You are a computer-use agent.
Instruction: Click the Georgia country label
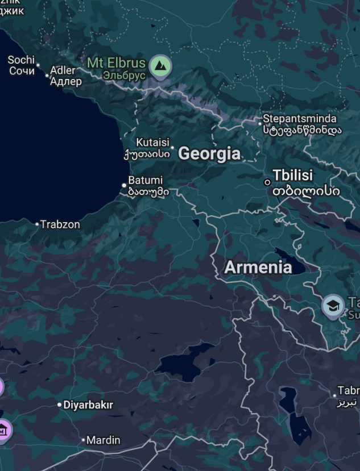click(x=209, y=153)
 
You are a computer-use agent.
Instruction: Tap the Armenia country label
click(x=258, y=267)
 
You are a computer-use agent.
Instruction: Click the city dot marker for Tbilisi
click(x=267, y=182)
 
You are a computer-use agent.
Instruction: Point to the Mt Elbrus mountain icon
click(x=160, y=66)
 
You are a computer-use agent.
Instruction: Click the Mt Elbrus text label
click(x=116, y=64)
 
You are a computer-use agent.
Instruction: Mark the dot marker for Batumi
click(x=125, y=185)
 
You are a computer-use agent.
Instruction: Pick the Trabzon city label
click(x=60, y=224)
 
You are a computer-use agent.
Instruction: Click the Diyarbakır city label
click(x=88, y=405)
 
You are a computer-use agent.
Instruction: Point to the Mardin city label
click(x=104, y=440)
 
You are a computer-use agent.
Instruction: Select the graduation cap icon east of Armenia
click(x=333, y=306)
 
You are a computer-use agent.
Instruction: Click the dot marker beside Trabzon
click(x=38, y=224)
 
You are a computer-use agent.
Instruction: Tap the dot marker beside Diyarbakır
click(x=60, y=405)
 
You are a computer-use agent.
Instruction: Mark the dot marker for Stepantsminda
click(x=260, y=123)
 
